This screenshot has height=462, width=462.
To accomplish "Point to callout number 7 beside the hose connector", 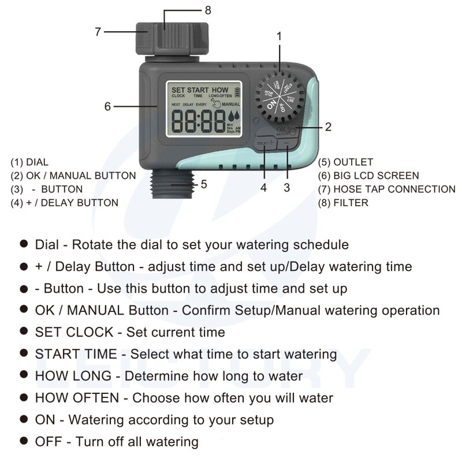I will tap(98, 32).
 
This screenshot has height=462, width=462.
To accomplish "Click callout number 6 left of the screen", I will tap(107, 106).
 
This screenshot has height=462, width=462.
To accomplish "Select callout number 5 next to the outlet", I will tap(203, 184).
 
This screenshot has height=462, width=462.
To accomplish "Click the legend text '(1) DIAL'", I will tap(29, 162).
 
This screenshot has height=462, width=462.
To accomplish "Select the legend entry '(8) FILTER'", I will tap(342, 203).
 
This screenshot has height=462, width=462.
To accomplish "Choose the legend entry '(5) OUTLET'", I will tap(345, 162).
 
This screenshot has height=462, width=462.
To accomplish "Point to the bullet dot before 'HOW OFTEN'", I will tap(24, 397).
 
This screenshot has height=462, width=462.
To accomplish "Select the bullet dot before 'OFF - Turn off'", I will tap(24, 441).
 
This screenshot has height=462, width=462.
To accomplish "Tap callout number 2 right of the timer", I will tap(328, 126).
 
